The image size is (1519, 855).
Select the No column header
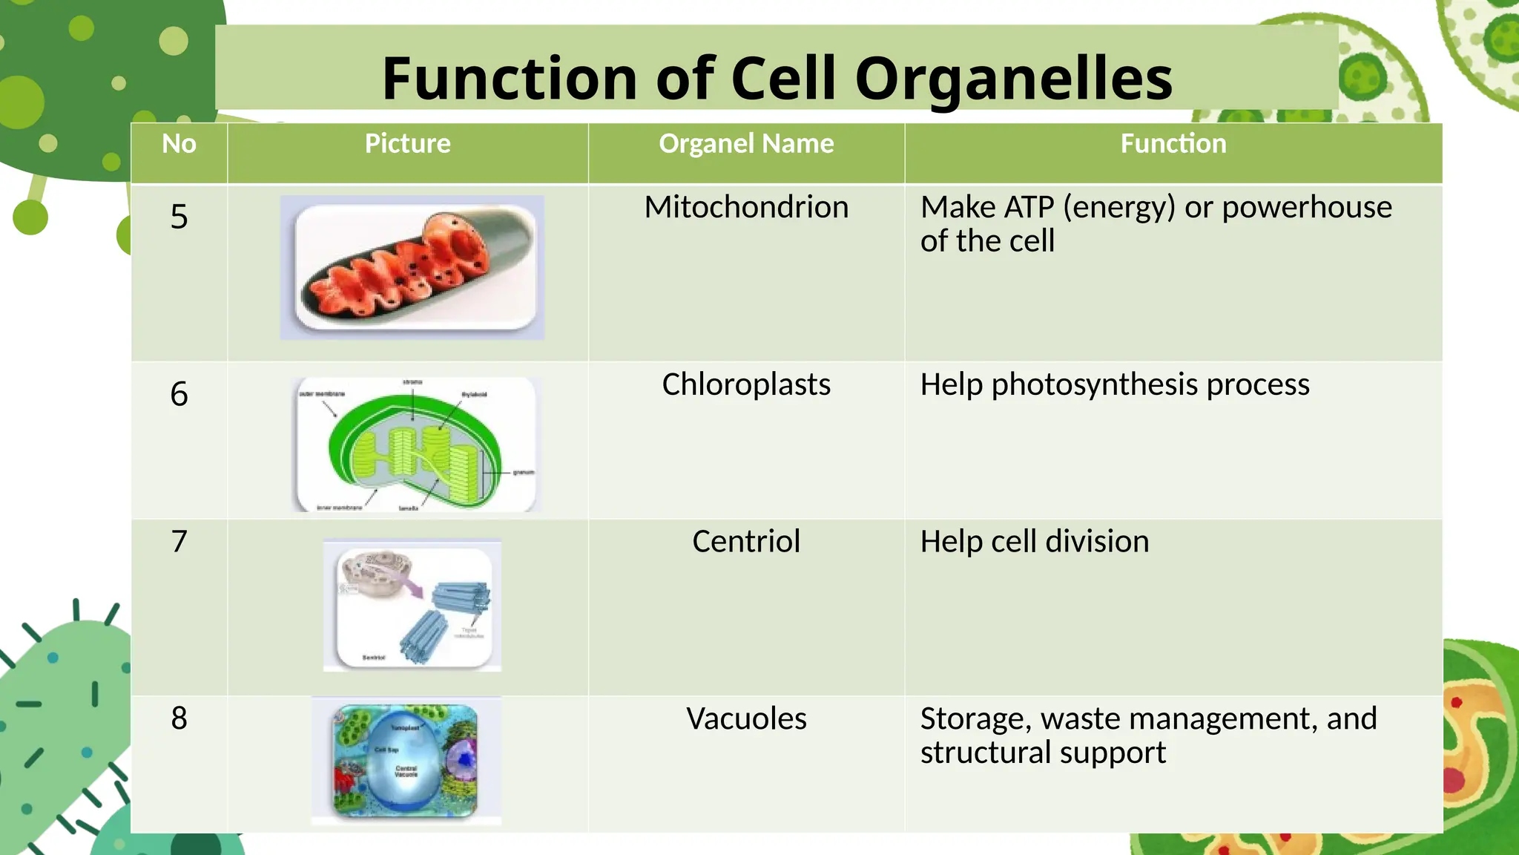179,144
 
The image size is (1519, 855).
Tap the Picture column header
407,144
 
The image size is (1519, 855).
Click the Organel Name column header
746,144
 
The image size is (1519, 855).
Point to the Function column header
1173,144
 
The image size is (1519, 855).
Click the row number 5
179,217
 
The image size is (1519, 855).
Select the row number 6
179,394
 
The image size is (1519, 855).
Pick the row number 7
179,542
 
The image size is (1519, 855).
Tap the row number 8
179,718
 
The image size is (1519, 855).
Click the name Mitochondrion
746,207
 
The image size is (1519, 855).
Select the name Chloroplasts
746,384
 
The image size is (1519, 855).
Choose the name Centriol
746,542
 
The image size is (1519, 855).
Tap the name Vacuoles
746,718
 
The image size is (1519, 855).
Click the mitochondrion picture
412,268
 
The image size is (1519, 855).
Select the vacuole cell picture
406,761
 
